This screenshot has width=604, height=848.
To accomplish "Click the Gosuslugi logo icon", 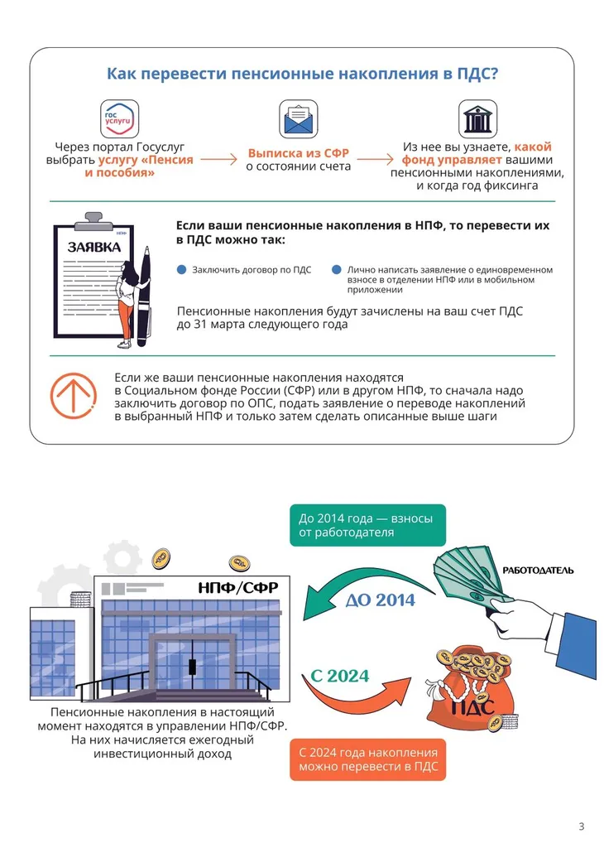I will tap(119, 119).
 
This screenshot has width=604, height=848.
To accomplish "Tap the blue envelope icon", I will tap(299, 119).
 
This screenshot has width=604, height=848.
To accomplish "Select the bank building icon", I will tap(477, 119).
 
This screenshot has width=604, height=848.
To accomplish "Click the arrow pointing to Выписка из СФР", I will tap(218, 159).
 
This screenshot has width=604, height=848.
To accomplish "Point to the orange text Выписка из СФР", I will tap(299, 153).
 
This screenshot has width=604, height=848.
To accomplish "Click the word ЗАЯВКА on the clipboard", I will tap(94, 248).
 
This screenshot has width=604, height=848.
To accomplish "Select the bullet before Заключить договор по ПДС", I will tap(182, 271).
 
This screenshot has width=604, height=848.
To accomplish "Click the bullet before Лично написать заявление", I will tap(336, 271).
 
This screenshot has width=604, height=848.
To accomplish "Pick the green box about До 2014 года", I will tap(367, 526).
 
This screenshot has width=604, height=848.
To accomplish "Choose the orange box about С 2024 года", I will tap(367, 759).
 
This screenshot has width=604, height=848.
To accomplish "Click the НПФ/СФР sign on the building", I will tap(237, 589).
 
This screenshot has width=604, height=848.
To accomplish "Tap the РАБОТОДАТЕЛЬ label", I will tap(538, 571).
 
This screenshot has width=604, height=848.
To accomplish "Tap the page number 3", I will tap(581, 826).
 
